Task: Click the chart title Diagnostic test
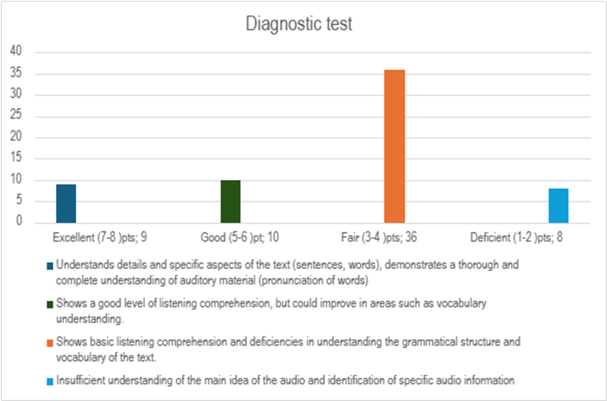[299, 25]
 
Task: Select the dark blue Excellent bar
[66, 203]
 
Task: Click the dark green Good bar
[230, 201]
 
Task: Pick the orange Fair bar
[394, 146]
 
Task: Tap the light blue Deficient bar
[558, 206]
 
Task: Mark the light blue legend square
[50, 382]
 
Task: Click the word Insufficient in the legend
[81, 381]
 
